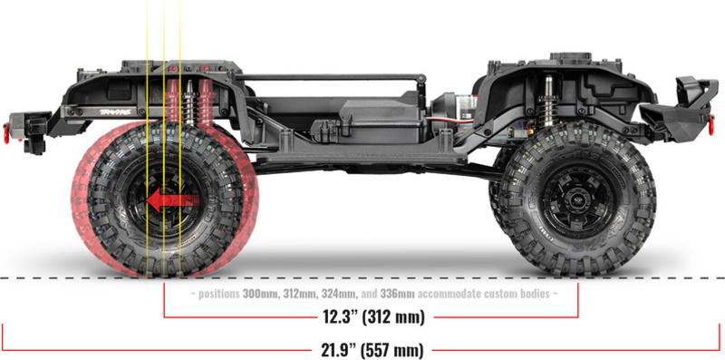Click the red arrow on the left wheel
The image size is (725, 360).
pyautogui.click(x=176, y=200)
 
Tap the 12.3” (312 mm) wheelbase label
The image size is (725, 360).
pyautogui.click(x=372, y=317)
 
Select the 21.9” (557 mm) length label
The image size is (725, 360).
pyautogui.click(x=372, y=350)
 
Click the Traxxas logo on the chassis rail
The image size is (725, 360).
pyautogui.click(x=116, y=112)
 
